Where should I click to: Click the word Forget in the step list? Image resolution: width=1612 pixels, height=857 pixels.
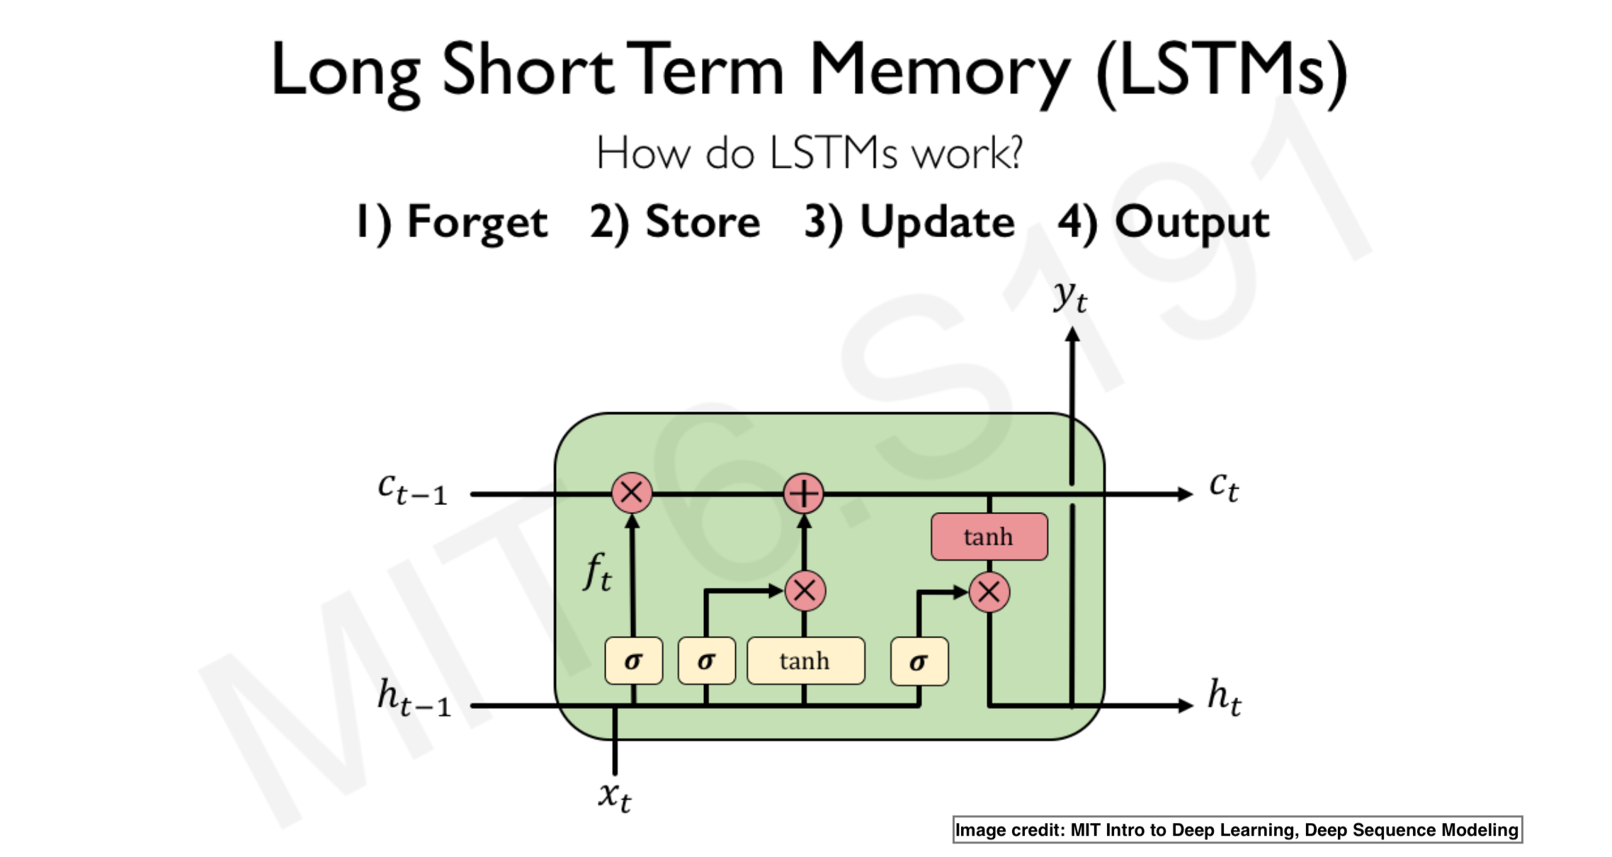pos(477,222)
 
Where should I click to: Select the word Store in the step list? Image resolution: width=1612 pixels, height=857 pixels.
pos(702,222)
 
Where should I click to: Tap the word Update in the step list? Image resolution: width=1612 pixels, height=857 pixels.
pos(936,222)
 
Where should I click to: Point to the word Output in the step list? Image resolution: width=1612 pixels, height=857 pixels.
pos(1191,222)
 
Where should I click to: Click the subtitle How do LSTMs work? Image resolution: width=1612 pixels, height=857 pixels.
pos(809,152)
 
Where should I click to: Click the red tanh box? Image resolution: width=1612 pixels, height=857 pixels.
pos(989,537)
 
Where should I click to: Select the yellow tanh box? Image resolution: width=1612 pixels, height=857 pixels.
pos(805,661)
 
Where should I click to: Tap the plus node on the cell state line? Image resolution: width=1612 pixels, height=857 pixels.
pos(804,494)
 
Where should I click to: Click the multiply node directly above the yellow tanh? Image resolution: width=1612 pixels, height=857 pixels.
pos(805,591)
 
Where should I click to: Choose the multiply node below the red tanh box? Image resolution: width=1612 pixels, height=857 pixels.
pos(989,592)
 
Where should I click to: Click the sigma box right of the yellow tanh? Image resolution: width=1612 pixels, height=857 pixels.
pos(919,662)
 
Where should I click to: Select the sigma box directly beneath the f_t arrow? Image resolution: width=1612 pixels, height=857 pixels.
pos(633,661)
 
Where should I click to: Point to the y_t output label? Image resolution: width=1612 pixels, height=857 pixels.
pos(1069,295)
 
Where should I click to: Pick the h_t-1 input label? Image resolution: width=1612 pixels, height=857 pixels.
pos(414,697)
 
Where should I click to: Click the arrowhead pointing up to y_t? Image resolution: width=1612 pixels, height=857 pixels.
pos(1072,335)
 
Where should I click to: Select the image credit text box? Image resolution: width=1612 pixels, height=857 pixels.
pos(1237,829)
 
